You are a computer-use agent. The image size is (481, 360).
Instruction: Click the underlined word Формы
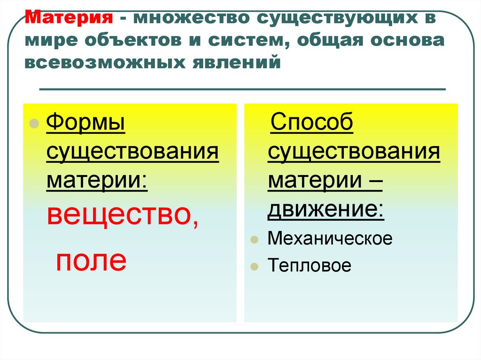[85, 124]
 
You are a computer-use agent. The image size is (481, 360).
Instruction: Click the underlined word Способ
[311, 124]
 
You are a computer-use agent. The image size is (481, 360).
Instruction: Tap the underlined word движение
[326, 210]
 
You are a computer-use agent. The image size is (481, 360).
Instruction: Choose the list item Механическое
[330, 238]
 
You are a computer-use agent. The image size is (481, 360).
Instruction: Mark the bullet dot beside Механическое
[254, 239]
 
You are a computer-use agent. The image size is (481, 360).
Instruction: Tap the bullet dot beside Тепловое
[254, 267]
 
